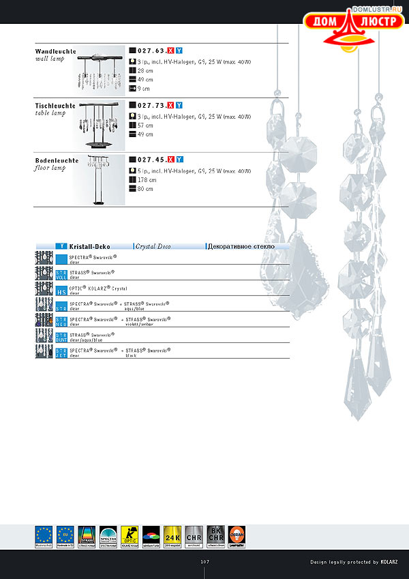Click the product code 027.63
coord(151,51)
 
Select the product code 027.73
coord(151,106)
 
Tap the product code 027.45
coord(151,160)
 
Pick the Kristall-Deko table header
coord(90,246)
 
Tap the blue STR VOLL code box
coord(61,275)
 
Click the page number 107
coord(204,562)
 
